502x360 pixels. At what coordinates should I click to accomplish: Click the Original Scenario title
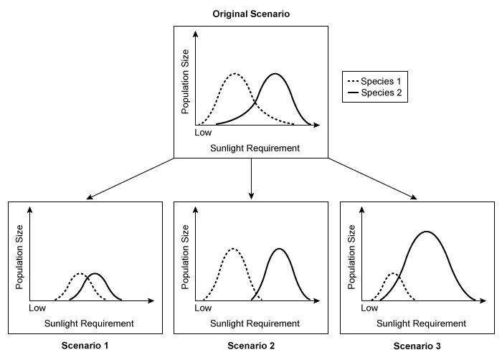point(250,14)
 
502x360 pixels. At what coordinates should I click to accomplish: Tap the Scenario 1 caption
point(85,346)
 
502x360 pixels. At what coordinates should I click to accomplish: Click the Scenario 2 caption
point(251,346)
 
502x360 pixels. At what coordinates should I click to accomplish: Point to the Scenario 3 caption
point(417,346)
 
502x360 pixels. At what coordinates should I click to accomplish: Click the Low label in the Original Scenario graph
point(204,133)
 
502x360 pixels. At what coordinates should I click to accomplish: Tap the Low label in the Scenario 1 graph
point(37,308)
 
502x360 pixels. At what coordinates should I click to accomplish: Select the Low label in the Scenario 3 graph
point(369,308)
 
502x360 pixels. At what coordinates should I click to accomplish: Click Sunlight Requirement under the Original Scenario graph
point(255,148)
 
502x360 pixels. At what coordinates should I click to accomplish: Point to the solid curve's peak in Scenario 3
point(427,232)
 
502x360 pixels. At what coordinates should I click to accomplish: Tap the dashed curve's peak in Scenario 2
point(232,249)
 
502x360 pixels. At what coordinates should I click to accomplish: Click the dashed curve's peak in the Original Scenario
point(234,74)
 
